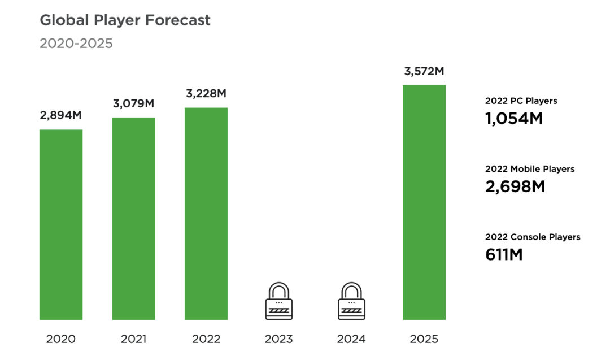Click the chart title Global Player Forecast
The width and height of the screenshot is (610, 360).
(x=125, y=20)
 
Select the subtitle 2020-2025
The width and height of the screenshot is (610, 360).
(x=76, y=44)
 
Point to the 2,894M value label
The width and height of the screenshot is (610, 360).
(x=60, y=115)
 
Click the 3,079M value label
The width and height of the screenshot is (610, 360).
(x=133, y=103)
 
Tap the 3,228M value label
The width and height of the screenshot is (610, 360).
(x=206, y=93)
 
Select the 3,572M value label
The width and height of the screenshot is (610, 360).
(x=424, y=71)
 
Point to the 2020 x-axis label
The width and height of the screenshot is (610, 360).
(x=60, y=339)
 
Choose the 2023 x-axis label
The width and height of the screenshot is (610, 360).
(x=278, y=339)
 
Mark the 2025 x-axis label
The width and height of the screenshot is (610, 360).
(x=424, y=339)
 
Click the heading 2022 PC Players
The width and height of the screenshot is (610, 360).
(x=521, y=101)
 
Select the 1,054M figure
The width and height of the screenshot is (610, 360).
(x=513, y=119)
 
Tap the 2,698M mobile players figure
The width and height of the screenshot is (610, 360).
(x=515, y=186)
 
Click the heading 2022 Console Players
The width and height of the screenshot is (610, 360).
(x=533, y=237)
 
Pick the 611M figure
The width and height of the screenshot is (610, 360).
(x=504, y=254)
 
